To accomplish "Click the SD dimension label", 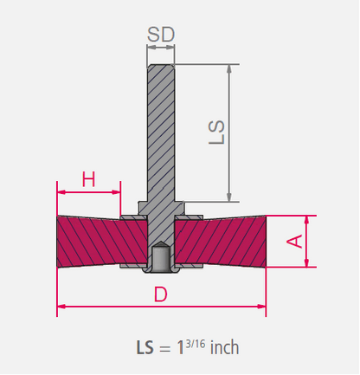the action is point(161,35).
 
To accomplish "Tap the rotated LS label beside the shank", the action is point(216,132).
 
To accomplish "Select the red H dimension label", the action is point(88,179).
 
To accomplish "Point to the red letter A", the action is point(294,242).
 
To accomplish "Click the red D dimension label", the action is point(161,294).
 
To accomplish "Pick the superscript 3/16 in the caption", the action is point(196,344).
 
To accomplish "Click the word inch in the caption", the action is point(224,347).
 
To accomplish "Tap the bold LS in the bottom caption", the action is point(145,347).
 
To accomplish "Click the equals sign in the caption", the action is point(164,349).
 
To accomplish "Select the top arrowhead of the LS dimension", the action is point(229,68).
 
